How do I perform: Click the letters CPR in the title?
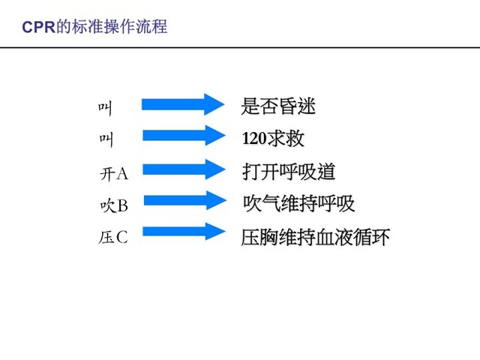(x=38, y=27)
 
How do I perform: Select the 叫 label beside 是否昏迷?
(x=105, y=109)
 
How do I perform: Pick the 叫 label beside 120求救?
(x=106, y=140)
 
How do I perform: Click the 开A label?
(x=114, y=174)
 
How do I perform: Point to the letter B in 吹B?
(x=122, y=205)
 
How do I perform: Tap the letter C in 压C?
(x=121, y=237)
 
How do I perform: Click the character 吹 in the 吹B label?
(x=108, y=205)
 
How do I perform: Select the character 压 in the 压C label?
(x=106, y=237)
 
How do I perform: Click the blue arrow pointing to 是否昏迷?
(x=183, y=104)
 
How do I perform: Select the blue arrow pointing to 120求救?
(x=184, y=135)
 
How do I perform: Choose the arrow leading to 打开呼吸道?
(x=184, y=169)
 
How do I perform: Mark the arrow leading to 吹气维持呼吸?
(x=185, y=200)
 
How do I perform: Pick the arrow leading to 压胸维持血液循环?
(x=184, y=232)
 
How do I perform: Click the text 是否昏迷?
(x=278, y=106)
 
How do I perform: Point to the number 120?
(x=254, y=138)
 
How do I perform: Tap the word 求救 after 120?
(x=286, y=138)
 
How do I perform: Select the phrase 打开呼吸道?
(x=289, y=172)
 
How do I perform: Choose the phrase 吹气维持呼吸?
(x=299, y=203)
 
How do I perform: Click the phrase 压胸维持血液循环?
(x=315, y=237)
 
